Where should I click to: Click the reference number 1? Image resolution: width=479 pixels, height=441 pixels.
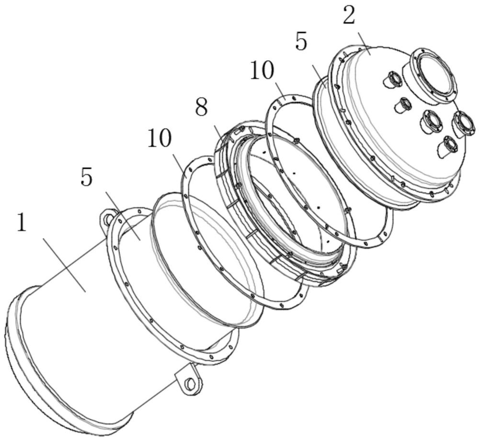(x=22, y=222)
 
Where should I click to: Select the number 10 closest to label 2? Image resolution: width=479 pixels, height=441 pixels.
(x=262, y=70)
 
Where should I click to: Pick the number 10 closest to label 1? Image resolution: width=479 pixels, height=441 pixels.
(x=160, y=138)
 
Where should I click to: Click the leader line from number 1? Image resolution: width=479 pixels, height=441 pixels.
(x=65, y=265)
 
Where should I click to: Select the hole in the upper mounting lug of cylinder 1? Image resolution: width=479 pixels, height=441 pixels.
(x=107, y=219)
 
